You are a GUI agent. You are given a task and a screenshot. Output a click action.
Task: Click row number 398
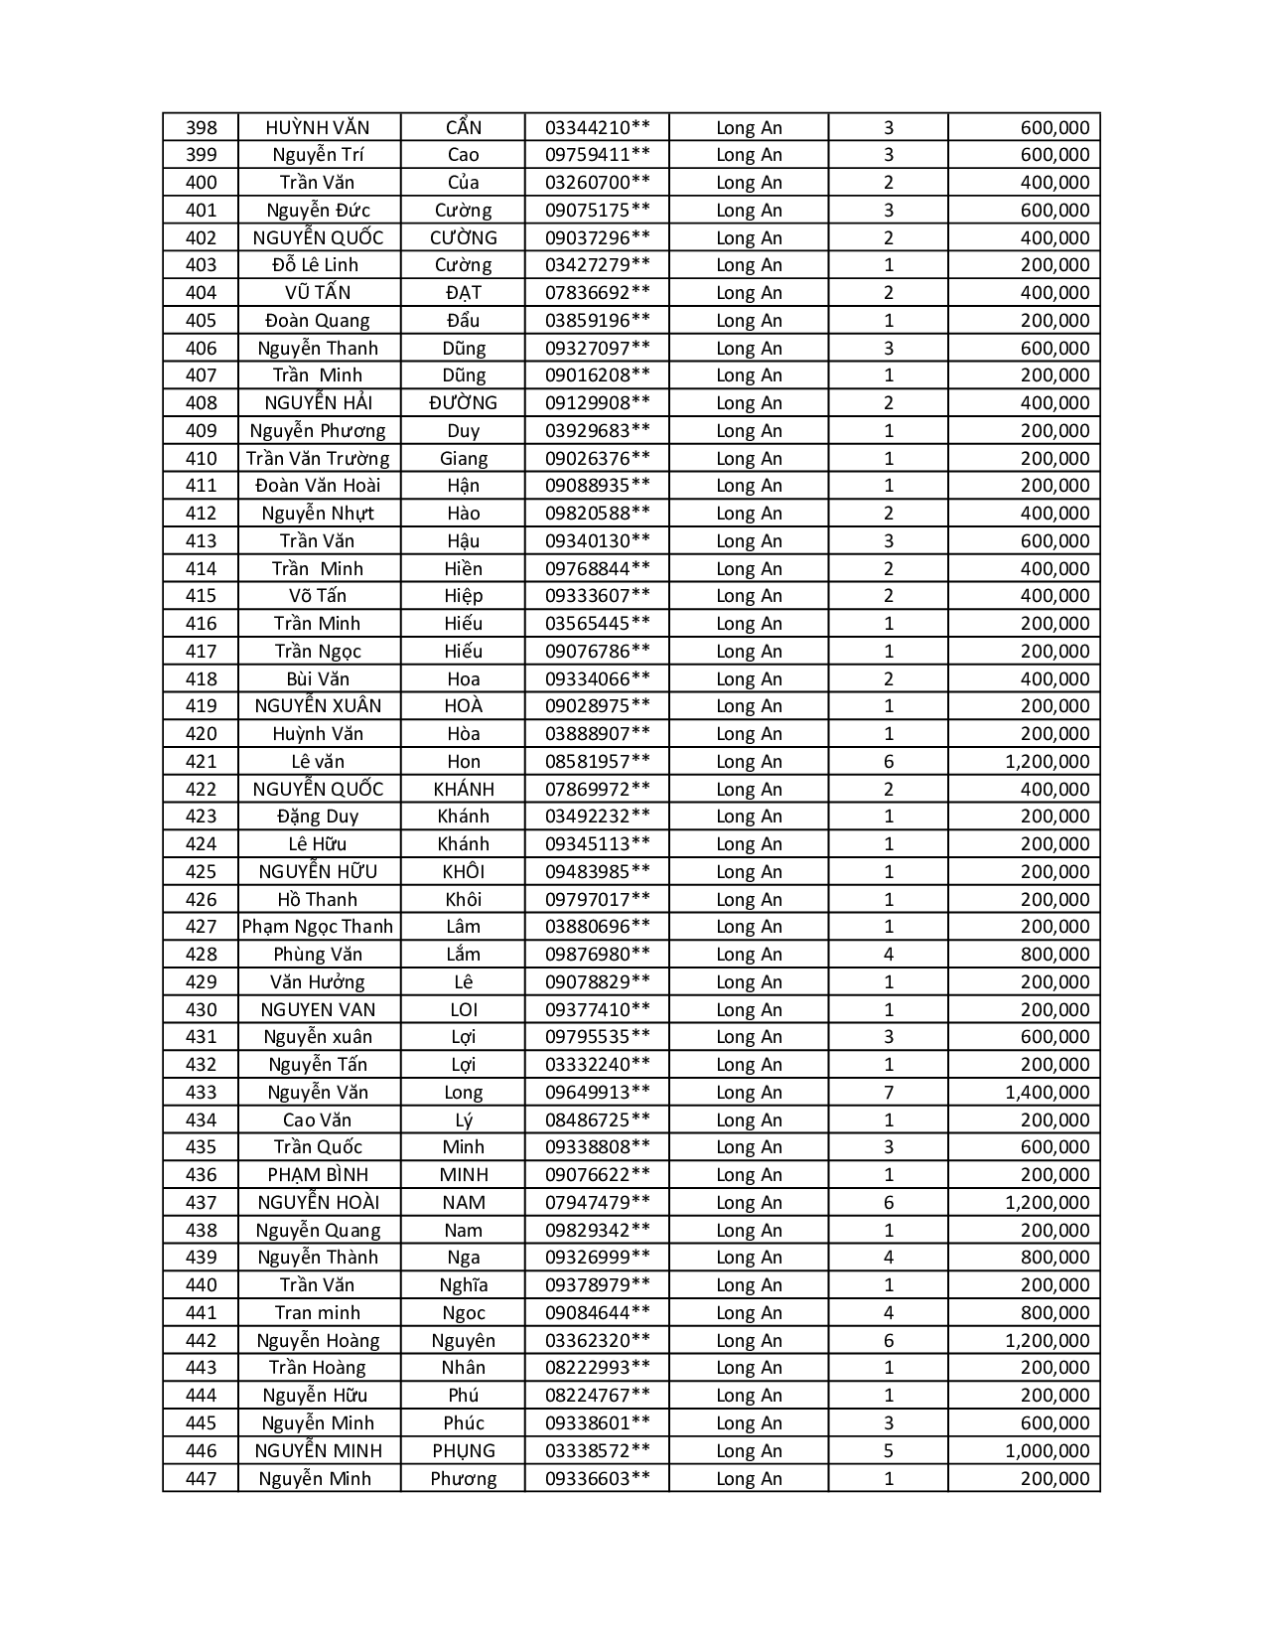click(201, 127)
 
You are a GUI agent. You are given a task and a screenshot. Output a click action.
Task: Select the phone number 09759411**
click(597, 155)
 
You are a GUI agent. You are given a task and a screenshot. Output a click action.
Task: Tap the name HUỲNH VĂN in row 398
click(318, 127)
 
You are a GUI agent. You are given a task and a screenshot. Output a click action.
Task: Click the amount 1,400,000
click(1047, 1093)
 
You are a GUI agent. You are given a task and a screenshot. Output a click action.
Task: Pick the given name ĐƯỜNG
click(463, 403)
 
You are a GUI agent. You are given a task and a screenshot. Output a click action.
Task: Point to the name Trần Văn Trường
click(318, 458)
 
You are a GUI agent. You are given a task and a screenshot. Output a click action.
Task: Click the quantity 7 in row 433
click(888, 1093)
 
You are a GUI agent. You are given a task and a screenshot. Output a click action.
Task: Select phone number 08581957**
click(597, 762)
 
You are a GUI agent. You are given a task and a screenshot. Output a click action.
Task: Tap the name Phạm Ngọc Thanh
click(318, 927)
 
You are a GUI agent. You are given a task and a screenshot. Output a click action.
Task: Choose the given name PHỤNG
click(463, 1451)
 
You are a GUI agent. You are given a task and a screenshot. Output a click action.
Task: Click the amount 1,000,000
click(1047, 1451)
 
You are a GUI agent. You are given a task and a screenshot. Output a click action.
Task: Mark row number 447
click(201, 1479)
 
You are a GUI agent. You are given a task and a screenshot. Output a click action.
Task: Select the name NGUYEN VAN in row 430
click(318, 1010)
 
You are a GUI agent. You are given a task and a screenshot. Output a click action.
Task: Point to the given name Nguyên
click(463, 1341)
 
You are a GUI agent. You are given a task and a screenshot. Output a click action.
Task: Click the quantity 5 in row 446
click(888, 1451)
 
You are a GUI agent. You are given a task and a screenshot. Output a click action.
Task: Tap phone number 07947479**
click(597, 1203)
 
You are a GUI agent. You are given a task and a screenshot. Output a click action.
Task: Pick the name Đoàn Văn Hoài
click(318, 486)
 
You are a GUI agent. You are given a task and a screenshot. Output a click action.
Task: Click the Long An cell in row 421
click(749, 762)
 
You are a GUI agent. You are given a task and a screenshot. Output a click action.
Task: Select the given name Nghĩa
click(463, 1285)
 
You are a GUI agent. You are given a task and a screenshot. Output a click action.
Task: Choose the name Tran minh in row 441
click(318, 1313)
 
